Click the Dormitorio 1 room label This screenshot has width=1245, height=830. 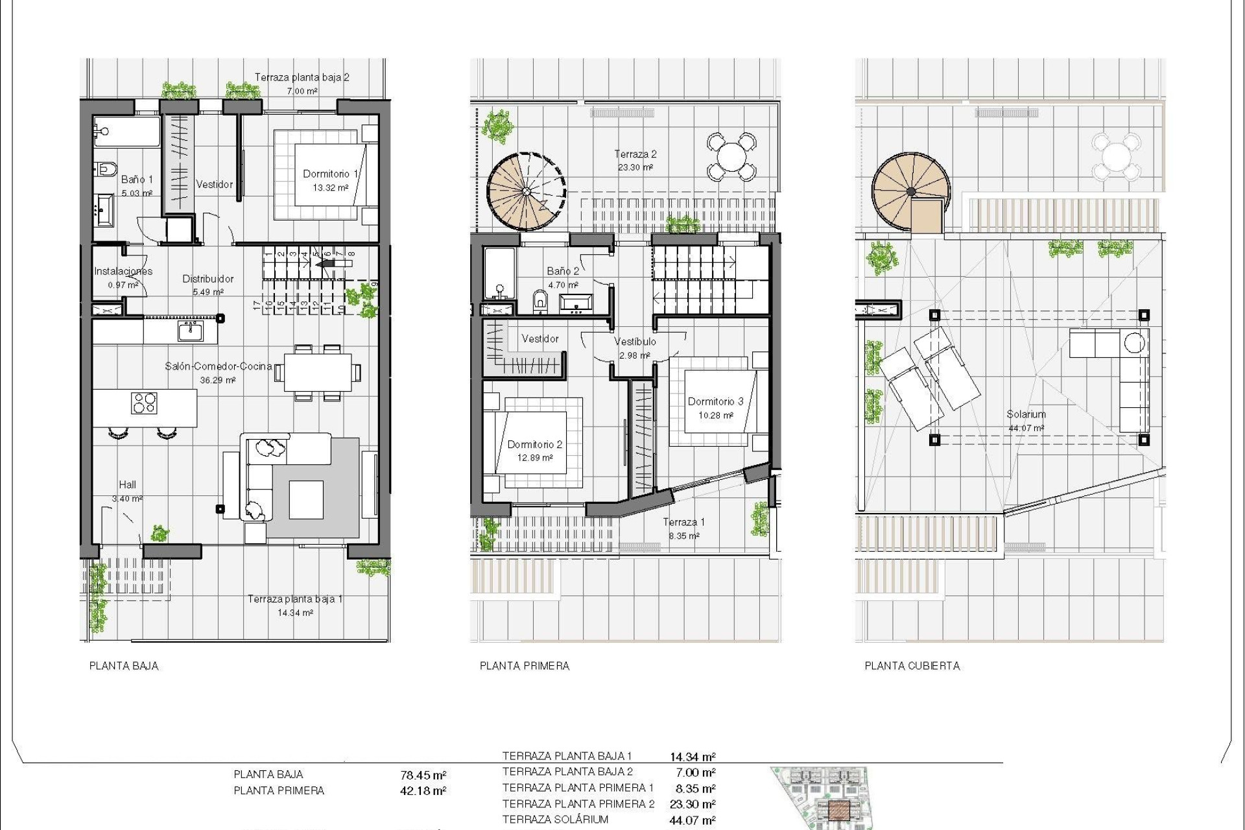pos(330,174)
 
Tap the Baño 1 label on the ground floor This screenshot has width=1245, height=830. pos(137,180)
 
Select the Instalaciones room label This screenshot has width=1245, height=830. pos(123,271)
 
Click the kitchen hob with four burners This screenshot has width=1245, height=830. pos(144,403)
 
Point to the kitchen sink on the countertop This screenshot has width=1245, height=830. pos(191,331)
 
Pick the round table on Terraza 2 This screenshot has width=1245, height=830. pos(731,156)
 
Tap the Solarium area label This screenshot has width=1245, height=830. pos(1026,414)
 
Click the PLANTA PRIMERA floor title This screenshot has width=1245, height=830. pos(524,666)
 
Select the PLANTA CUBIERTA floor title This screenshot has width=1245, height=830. pos(912,666)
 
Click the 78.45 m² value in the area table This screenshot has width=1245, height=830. pos(423,775)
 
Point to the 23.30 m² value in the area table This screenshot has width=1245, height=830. pos(693,804)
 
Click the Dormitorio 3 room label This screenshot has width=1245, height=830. pos(715,401)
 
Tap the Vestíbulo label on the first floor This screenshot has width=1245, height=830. pos(635,342)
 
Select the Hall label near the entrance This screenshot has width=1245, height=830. pos(127,484)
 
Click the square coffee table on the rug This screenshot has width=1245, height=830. pos(306,499)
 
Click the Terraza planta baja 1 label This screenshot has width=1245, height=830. pos(295,599)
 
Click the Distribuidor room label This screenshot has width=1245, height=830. pos(207,279)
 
